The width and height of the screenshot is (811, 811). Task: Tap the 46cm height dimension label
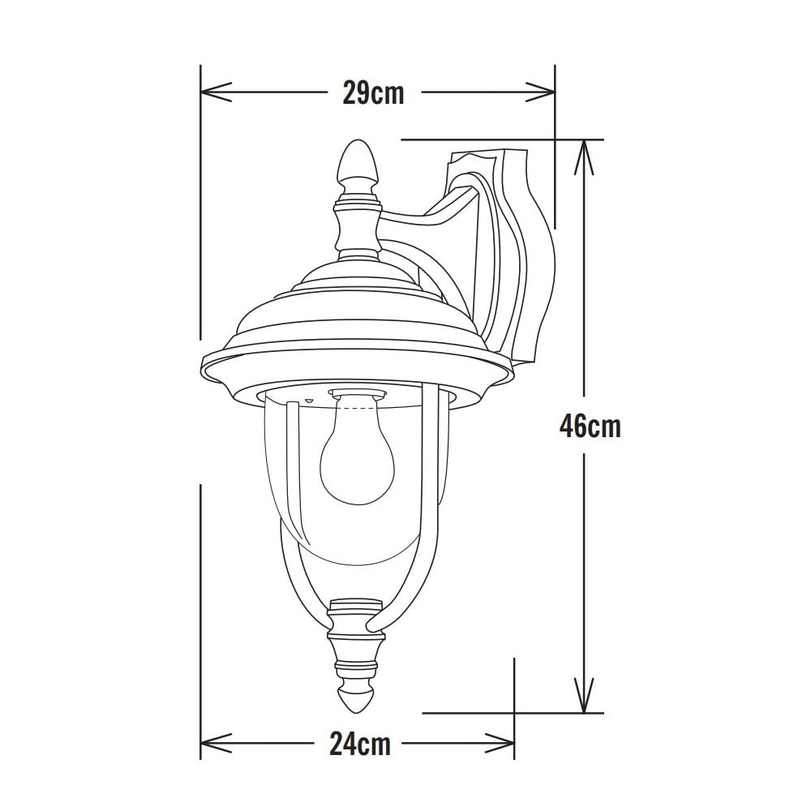pos(590,426)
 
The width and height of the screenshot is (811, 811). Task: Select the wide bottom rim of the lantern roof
pos(357,369)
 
